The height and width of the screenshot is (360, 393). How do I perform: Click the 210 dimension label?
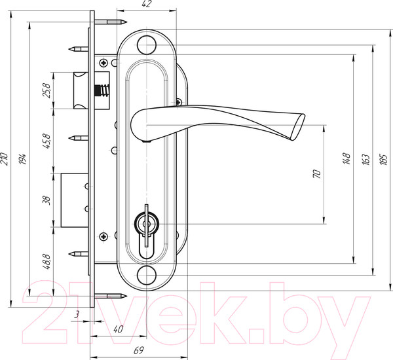pyautogui.click(x=5, y=158)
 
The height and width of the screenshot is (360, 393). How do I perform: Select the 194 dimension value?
pyautogui.click(x=23, y=158)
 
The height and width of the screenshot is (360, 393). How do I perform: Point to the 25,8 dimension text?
pyautogui.click(x=47, y=90)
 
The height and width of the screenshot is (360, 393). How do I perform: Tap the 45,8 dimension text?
pyautogui.click(x=47, y=141)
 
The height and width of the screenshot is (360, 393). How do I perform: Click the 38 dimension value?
pyautogui.click(x=47, y=200)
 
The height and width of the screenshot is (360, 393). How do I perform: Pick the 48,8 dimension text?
pyautogui.click(x=47, y=262)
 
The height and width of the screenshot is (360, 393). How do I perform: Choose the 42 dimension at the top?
pyautogui.click(x=146, y=5)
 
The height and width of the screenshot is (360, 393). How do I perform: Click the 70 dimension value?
pyautogui.click(x=317, y=174)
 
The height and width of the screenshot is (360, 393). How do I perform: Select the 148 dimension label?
pyautogui.click(x=346, y=158)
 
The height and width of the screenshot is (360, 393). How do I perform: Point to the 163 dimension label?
pyautogui.click(x=366, y=159)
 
